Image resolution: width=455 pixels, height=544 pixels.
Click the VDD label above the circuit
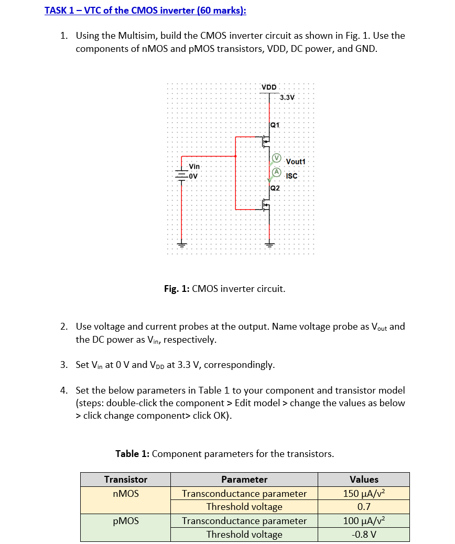click(269, 86)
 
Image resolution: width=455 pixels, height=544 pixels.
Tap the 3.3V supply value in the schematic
click(287, 97)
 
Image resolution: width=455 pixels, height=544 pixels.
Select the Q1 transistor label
click(275, 125)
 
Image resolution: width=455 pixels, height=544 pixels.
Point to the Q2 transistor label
click(275, 188)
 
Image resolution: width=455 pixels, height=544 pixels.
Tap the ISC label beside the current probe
click(291, 176)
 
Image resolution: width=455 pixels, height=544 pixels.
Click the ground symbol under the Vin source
click(181, 244)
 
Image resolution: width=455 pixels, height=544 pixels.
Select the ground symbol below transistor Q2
click(269, 244)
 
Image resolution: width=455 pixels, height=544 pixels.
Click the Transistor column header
click(126, 480)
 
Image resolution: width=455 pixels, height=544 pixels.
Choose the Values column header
click(364, 480)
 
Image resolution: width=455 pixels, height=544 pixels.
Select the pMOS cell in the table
click(126, 520)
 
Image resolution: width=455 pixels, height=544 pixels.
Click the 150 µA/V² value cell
click(364, 493)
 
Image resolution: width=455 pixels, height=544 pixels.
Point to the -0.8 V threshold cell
click(364, 535)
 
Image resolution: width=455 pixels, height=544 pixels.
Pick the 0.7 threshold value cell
click(364, 507)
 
